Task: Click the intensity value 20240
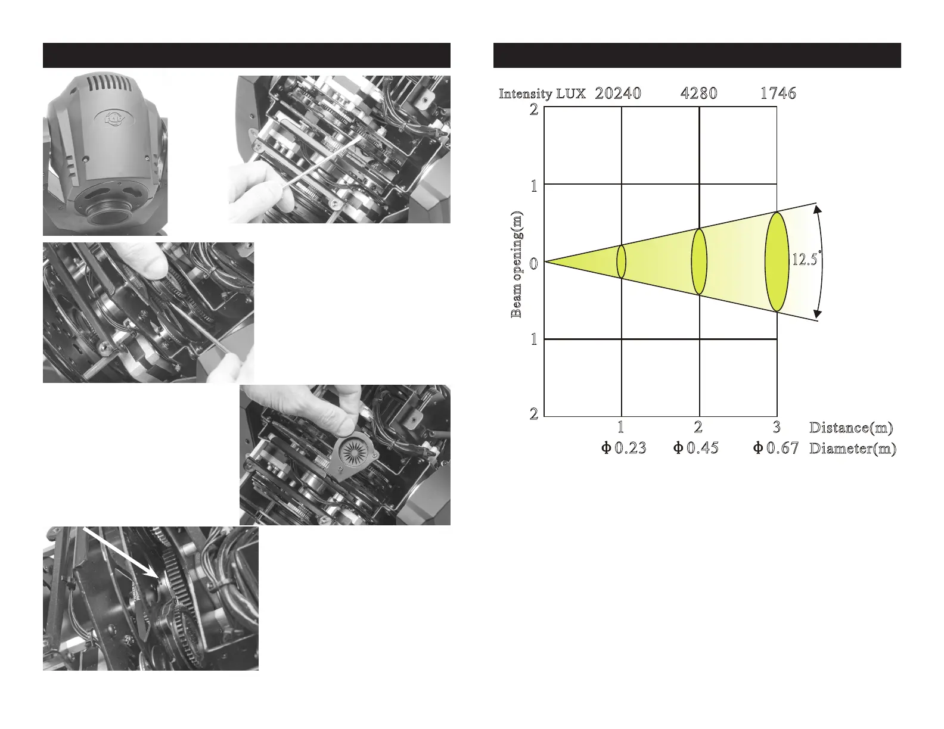[x=617, y=94]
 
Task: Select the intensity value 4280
[x=698, y=94]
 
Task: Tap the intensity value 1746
[x=778, y=94]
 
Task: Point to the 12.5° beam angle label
[x=806, y=258]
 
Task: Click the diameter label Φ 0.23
[x=623, y=448]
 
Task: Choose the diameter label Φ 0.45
[x=695, y=448]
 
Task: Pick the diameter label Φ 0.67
[x=775, y=448]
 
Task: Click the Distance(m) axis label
[x=850, y=428]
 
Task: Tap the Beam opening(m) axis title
[x=516, y=265]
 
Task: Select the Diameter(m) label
[x=852, y=448]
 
